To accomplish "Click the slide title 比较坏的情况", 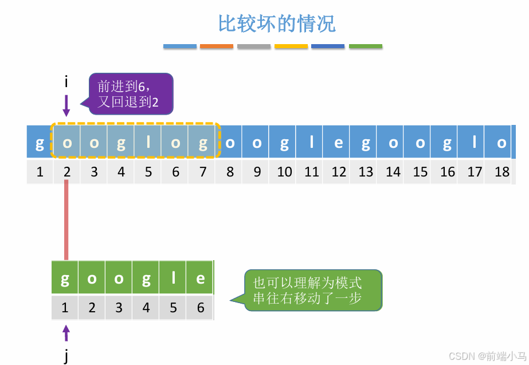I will click(276, 23).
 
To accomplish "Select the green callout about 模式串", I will click(312, 290).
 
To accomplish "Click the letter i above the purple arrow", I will click(66, 82).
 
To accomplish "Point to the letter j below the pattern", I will click(66, 356).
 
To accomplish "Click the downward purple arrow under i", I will click(66, 105).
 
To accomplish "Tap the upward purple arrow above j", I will click(66, 333).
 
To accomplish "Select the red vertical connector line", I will click(66, 221).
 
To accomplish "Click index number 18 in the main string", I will click(502, 172).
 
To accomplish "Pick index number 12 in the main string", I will click(339, 172).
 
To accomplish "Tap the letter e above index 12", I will click(339, 142).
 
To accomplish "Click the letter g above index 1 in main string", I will click(40, 142).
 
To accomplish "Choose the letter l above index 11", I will click(312, 142).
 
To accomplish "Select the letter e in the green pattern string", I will click(200, 278).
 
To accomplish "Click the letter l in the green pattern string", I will click(173, 278).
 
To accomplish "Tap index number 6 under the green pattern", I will click(200, 308).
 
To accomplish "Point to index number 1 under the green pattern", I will click(65, 308).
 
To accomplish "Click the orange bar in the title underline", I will click(217, 46).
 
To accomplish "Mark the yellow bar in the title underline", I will click(291, 46).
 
